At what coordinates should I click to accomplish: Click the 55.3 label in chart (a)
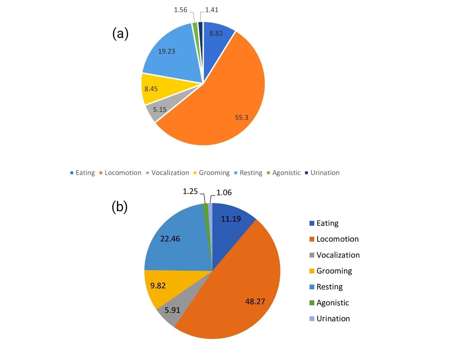click(241, 117)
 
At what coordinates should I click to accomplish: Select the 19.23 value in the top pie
click(166, 51)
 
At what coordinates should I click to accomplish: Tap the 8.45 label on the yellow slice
click(151, 89)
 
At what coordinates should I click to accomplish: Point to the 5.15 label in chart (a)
click(160, 109)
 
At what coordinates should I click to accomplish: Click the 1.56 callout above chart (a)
click(181, 10)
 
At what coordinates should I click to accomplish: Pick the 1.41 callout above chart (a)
click(212, 10)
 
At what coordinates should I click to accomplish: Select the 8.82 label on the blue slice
click(216, 33)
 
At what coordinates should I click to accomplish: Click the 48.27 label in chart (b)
click(255, 301)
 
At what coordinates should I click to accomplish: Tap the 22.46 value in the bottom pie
click(170, 239)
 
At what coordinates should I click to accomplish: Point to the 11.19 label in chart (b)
click(231, 219)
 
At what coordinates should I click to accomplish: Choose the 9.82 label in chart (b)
click(158, 285)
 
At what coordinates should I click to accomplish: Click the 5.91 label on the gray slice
click(172, 310)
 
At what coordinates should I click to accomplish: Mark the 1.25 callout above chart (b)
click(190, 191)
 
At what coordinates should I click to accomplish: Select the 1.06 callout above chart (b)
click(224, 193)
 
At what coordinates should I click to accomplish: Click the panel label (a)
click(120, 33)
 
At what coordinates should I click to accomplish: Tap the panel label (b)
click(120, 207)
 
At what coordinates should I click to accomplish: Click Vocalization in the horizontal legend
click(170, 173)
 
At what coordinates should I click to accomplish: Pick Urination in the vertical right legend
click(333, 319)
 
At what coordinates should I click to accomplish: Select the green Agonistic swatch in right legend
click(312, 303)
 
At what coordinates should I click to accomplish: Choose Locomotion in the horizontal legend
click(123, 173)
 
